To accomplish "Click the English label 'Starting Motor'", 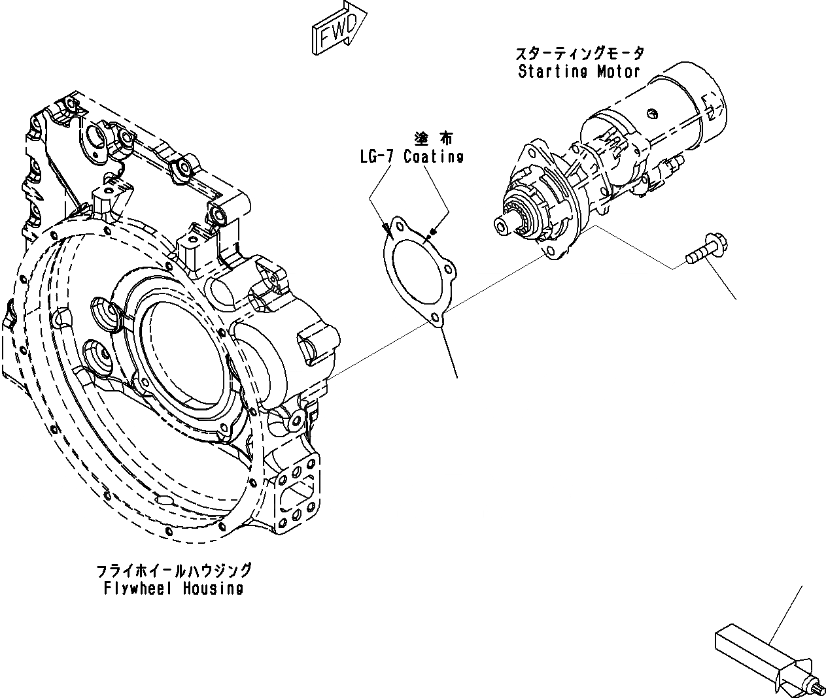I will coord(579,72).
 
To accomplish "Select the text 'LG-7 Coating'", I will coord(411,157).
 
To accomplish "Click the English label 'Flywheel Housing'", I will coord(174,588).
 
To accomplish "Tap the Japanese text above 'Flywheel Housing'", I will coord(174,571).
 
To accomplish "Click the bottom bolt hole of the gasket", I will coord(434,318).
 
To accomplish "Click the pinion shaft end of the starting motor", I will coord(501,225).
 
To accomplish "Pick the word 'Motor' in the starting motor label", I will coord(617,72).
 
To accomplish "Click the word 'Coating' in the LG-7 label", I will coord(434,157).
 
